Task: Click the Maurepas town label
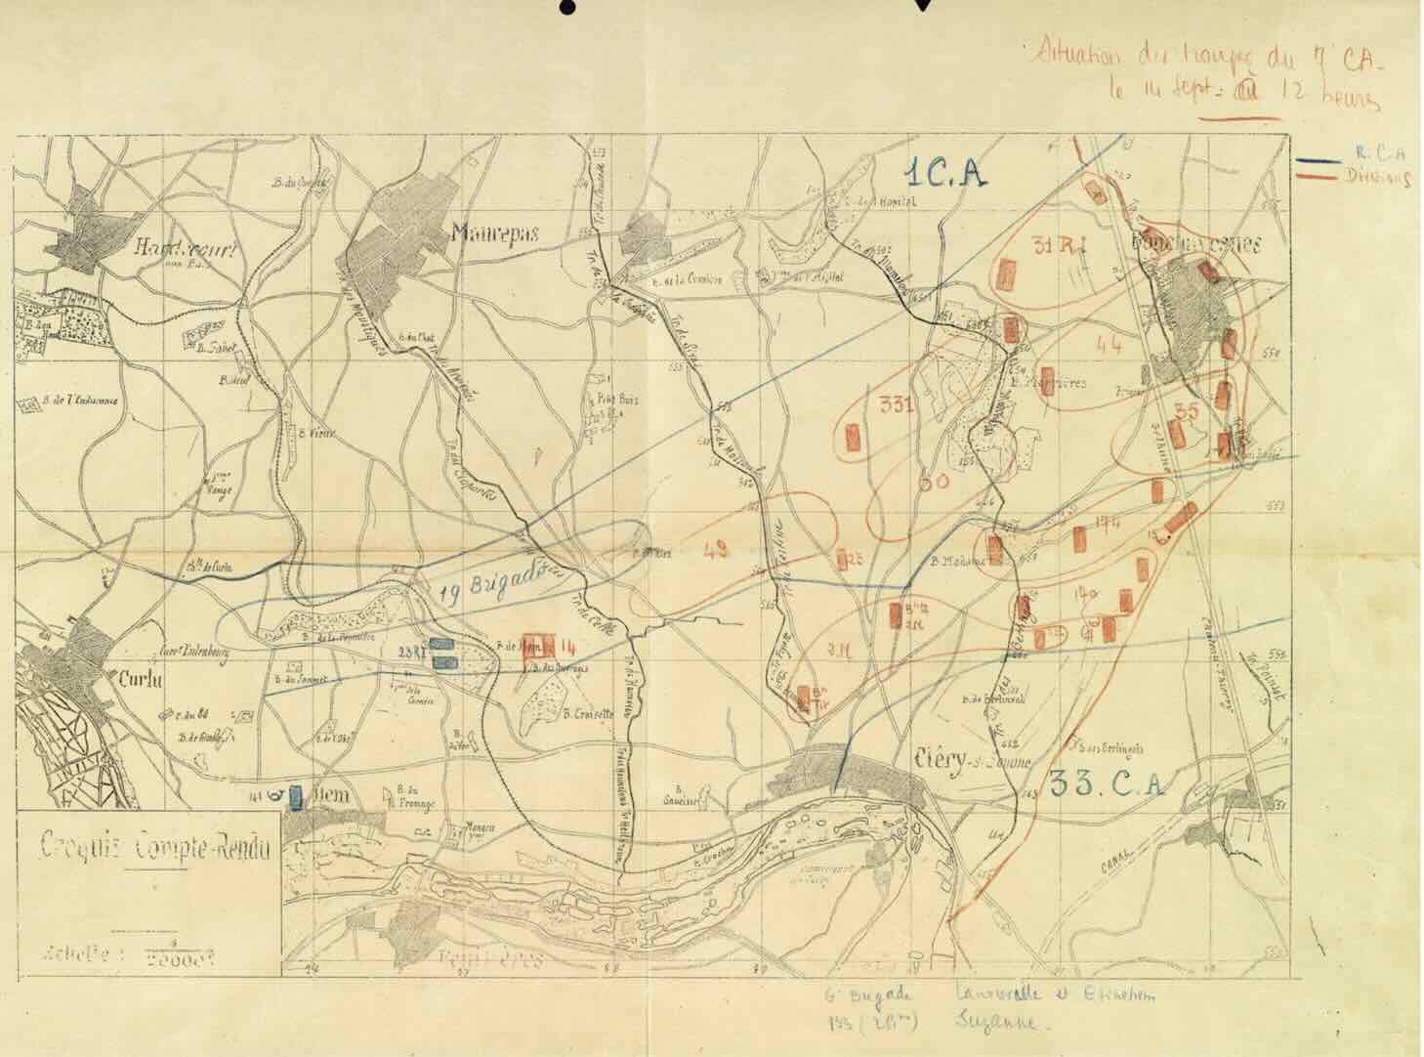(493, 233)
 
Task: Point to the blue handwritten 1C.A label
(943, 174)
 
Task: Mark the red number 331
(896, 405)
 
